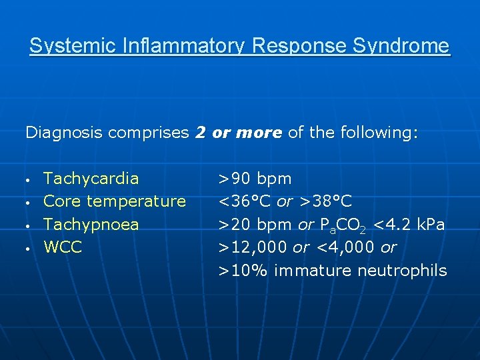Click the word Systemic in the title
click(63, 46)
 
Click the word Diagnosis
click(64, 133)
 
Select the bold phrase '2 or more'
click(239, 133)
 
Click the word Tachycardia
click(91, 179)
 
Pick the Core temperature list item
click(115, 201)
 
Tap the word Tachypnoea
click(91, 225)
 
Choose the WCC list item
click(63, 247)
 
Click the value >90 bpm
click(256, 179)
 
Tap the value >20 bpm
click(256, 225)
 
